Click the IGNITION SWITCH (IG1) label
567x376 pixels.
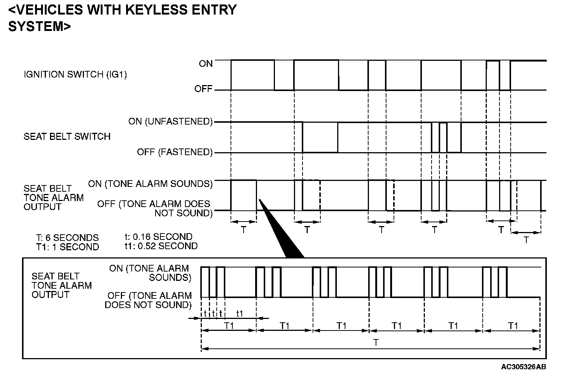point(75,75)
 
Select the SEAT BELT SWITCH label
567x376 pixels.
point(67,137)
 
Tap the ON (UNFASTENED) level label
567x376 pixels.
point(170,122)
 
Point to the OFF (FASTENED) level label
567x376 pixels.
point(175,152)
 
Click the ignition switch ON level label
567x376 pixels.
point(206,64)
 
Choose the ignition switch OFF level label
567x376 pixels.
point(203,89)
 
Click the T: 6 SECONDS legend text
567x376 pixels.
point(67,238)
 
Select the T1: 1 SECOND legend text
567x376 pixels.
point(67,247)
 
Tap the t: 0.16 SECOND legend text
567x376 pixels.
point(158,237)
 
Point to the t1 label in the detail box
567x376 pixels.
point(240,314)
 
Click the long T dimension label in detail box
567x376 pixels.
point(376,342)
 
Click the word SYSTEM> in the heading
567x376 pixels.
point(39,26)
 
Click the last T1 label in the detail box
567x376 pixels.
point(513,326)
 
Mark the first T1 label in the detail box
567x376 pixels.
point(229,326)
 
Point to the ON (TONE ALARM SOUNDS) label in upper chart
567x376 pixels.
point(150,184)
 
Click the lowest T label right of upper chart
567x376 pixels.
point(526,240)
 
